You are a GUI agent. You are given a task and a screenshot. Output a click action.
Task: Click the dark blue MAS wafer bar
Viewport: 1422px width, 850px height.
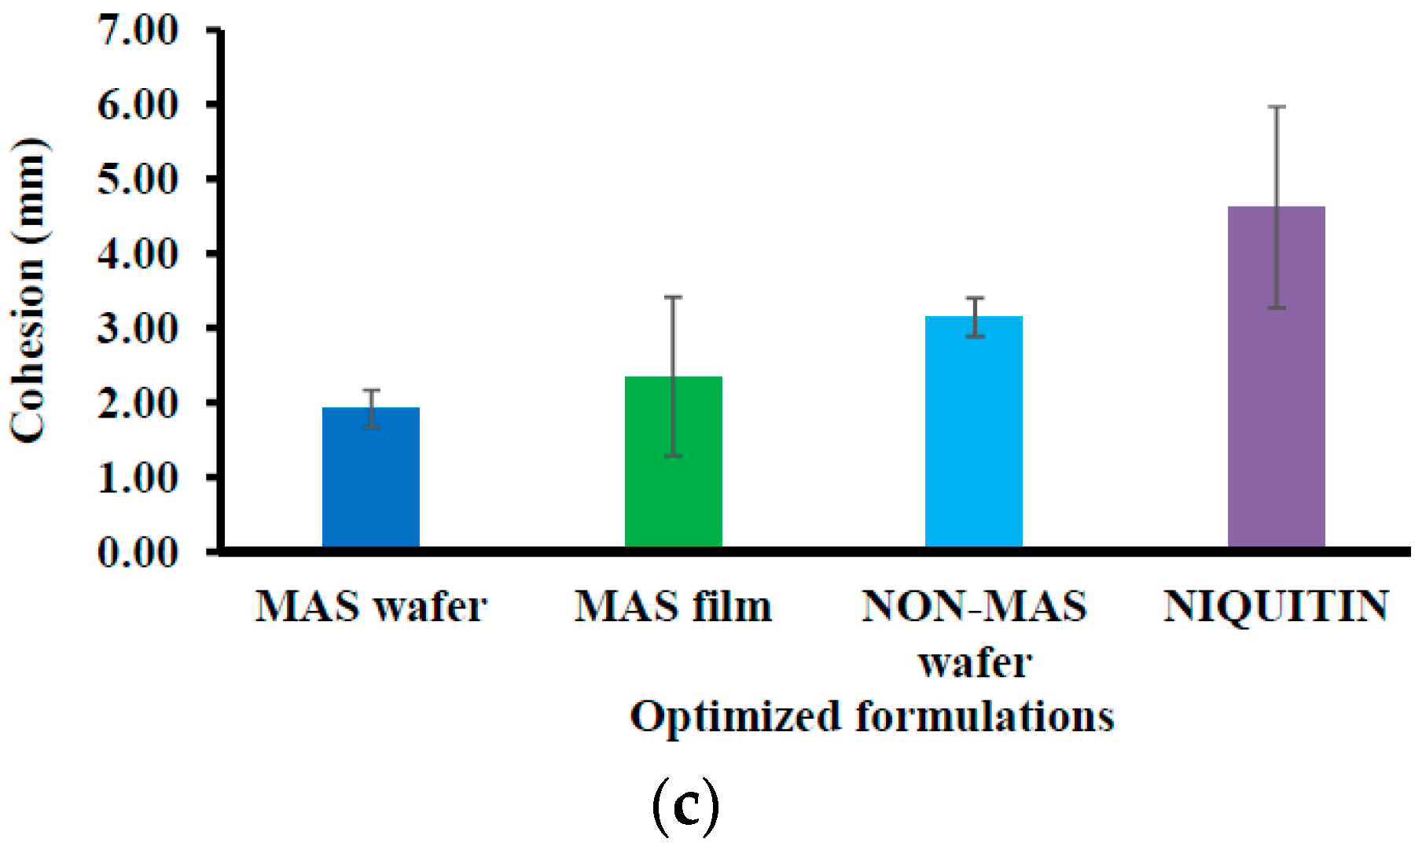[371, 477]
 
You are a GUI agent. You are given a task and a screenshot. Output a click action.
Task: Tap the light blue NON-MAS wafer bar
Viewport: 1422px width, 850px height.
[974, 432]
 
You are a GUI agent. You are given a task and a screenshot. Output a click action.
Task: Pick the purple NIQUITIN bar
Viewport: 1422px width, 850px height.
[1277, 377]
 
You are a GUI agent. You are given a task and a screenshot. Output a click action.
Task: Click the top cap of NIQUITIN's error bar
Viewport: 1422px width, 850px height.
[1277, 107]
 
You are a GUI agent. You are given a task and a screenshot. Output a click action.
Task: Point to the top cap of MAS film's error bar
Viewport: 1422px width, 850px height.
[674, 297]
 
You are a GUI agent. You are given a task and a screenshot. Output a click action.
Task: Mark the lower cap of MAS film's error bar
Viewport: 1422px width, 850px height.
[674, 456]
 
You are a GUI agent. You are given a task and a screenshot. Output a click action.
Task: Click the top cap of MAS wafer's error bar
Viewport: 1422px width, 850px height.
[371, 390]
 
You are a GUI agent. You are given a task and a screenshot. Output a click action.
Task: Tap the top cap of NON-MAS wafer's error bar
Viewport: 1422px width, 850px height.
[975, 298]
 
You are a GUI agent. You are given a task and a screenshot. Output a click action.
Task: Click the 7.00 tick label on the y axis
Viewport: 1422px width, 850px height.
[138, 31]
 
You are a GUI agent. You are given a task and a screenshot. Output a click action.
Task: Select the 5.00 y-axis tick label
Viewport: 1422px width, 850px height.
[138, 179]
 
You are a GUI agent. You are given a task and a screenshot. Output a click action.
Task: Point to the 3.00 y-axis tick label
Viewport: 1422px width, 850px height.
[138, 328]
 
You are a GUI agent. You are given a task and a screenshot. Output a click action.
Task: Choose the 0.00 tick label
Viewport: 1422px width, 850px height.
[138, 552]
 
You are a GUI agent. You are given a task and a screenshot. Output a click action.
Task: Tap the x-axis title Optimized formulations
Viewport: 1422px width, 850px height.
[873, 717]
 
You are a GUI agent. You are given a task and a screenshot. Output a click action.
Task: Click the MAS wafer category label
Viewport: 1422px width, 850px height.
[371, 607]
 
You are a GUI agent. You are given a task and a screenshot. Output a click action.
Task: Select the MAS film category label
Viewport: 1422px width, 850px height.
[674, 607]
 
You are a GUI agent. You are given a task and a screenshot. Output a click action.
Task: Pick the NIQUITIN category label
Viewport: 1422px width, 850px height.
[1276, 607]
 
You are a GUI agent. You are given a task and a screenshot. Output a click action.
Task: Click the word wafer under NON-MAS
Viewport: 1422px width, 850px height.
[975, 662]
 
